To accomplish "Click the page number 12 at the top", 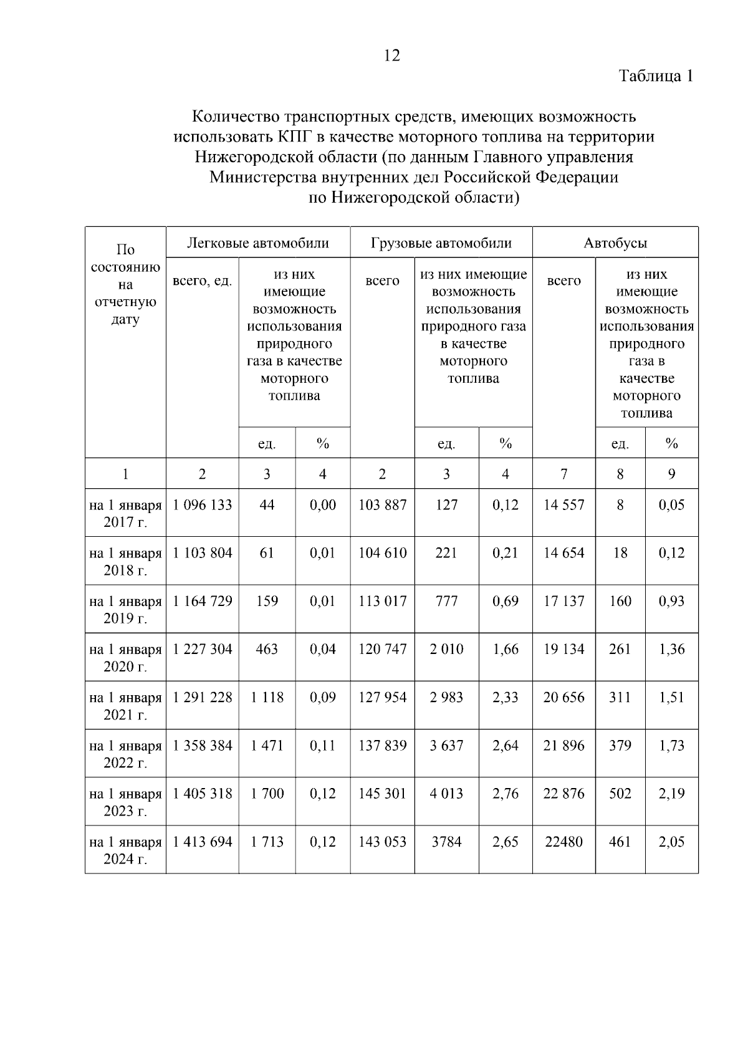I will click(392, 56).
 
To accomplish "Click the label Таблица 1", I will click(656, 76).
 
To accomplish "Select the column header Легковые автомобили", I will click(258, 243).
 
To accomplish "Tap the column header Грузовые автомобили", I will click(441, 243).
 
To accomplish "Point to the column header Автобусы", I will click(615, 243).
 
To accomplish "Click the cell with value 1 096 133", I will click(203, 505).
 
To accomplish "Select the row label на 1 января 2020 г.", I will click(125, 658).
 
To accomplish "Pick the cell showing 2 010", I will click(446, 650).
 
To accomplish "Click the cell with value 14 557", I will click(564, 505).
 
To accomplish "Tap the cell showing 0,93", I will click(671, 602).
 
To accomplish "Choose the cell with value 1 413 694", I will click(203, 842).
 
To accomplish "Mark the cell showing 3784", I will click(446, 842).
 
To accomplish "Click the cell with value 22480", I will click(564, 842).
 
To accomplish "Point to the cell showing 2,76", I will click(506, 794).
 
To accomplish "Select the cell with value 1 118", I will click(267, 698).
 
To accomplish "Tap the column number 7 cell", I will click(564, 474).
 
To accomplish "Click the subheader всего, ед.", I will click(203, 281).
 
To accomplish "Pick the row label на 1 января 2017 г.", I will click(125, 513).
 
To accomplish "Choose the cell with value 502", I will click(620, 794).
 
